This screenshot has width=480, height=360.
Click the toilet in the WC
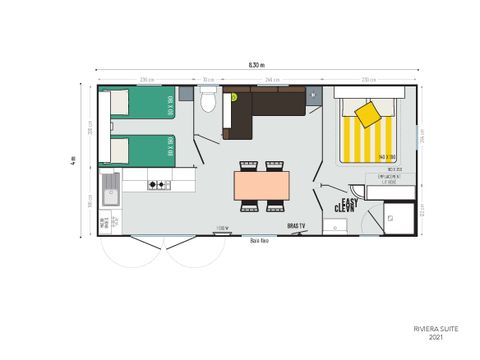(x=208, y=102)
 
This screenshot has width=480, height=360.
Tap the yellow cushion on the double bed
(x=367, y=115)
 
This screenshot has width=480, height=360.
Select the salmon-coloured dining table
(x=261, y=185)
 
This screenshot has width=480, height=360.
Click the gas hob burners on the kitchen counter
(x=159, y=184)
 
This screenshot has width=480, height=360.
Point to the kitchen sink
(x=110, y=187)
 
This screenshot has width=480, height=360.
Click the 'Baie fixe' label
(x=259, y=241)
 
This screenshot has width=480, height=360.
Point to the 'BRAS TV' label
(x=296, y=228)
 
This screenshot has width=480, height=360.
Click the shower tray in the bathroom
(x=399, y=217)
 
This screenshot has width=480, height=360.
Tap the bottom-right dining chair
(x=274, y=207)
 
